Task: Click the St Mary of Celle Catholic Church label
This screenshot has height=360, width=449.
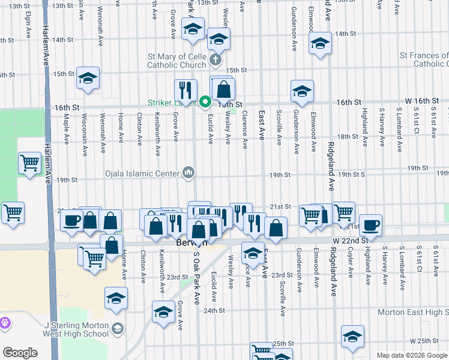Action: coord(178,61)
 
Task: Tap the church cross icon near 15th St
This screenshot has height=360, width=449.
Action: coord(214,61)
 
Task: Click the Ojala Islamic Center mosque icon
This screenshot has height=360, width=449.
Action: coord(189,173)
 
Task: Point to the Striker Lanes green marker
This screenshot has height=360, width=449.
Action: coord(205,101)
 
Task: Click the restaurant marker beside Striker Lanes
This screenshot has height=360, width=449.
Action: coord(185,90)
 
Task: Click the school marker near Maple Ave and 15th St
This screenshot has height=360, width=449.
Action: coord(88,78)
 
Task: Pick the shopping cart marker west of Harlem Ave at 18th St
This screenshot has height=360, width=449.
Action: coord(29,163)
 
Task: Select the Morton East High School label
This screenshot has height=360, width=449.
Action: coord(413,312)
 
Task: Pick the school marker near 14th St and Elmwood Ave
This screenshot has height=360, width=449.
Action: coord(320,43)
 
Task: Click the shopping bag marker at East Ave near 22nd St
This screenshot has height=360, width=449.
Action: coord(276,227)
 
